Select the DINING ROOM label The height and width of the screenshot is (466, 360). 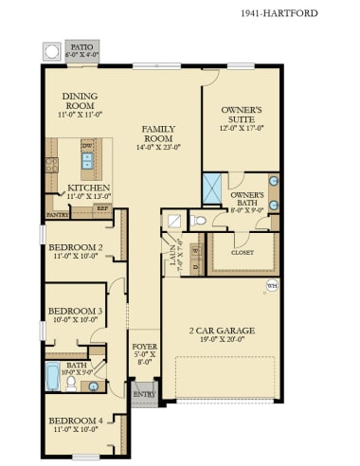[81, 100]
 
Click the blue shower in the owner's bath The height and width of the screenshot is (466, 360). [213, 187]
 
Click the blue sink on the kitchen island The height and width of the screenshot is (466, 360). [87, 163]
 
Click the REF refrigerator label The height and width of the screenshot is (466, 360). [101, 208]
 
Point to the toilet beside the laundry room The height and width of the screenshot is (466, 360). [197, 221]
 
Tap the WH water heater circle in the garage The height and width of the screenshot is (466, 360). [272, 285]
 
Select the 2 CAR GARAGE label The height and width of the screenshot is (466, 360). [222, 330]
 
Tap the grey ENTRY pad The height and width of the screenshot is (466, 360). [143, 392]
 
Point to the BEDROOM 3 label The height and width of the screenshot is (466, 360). [75, 311]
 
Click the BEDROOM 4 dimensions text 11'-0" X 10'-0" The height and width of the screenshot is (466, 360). [75, 429]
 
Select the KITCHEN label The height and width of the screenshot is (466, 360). [89, 188]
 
